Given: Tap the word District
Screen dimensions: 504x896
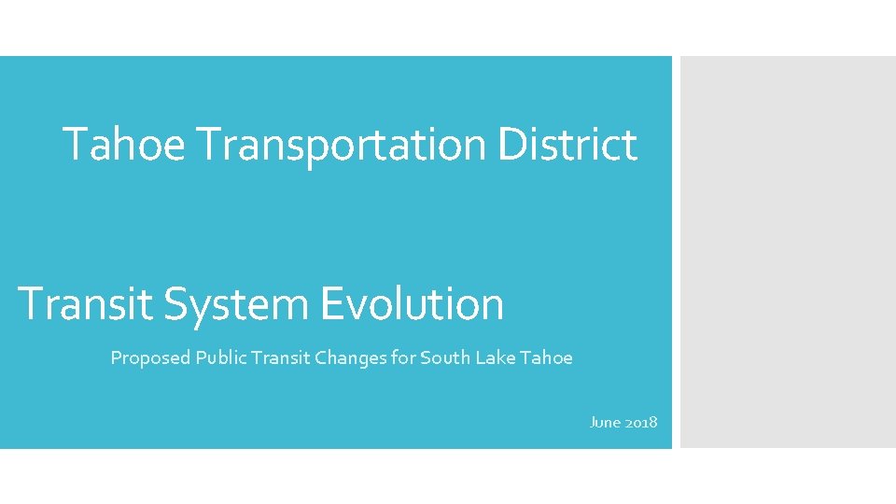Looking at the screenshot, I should [567, 145].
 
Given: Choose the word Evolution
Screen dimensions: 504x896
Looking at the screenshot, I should [412, 304].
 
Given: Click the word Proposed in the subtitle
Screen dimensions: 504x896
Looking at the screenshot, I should [150, 357].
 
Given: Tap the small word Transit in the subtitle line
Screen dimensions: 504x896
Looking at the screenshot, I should [270, 357].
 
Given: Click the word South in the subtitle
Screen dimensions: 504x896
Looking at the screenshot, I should [444, 357].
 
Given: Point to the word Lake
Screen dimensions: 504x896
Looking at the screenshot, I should [495, 357].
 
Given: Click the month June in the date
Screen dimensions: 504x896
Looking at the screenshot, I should [604, 423].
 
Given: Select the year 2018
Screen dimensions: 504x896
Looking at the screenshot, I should [640, 423].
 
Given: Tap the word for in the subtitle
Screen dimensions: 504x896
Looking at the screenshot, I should [403, 357].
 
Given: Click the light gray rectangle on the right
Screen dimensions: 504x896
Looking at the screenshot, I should [788, 252].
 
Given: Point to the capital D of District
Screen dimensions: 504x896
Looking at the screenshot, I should [511, 145].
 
